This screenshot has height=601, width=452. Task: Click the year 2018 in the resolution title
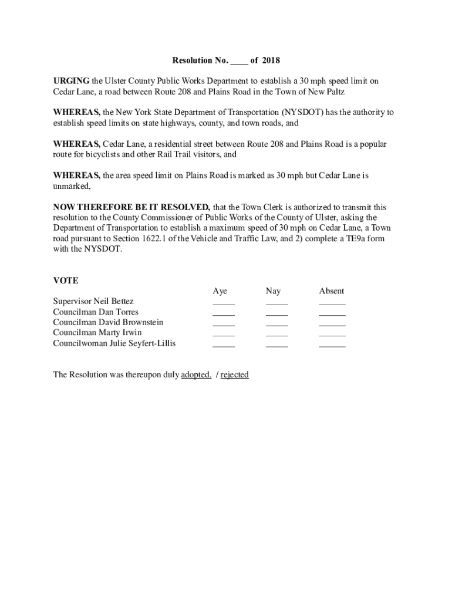coord(271,60)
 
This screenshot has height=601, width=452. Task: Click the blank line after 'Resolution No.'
coord(240,62)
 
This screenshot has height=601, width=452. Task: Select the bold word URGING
coord(71,81)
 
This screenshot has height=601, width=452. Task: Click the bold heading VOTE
coord(65,281)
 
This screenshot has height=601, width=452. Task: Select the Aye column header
coord(220,291)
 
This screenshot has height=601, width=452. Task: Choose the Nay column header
coord(273,291)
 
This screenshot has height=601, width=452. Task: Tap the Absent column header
coord(332,291)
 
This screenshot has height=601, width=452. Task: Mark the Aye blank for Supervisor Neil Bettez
coord(223,303)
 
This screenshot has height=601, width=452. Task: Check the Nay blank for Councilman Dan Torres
coord(276,313)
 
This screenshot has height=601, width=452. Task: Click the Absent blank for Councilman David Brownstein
coord(332,324)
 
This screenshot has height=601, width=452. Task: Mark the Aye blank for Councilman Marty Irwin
coord(223,335)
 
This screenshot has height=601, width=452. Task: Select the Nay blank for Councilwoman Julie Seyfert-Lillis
coord(276,345)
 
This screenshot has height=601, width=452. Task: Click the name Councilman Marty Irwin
coord(97,333)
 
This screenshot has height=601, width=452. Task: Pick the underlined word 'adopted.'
coord(196,374)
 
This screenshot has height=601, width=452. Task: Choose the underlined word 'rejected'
coord(234,374)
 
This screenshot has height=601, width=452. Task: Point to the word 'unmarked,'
coord(72,186)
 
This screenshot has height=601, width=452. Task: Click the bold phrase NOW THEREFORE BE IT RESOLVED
coord(131,207)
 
